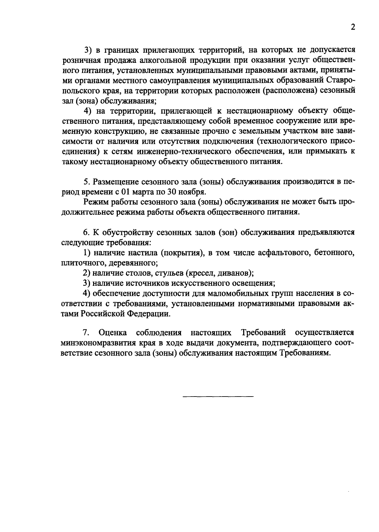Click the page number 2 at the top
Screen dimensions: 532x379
pos(353,27)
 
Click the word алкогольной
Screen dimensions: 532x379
pos(147,60)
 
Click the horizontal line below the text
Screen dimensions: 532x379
pos(218,396)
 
